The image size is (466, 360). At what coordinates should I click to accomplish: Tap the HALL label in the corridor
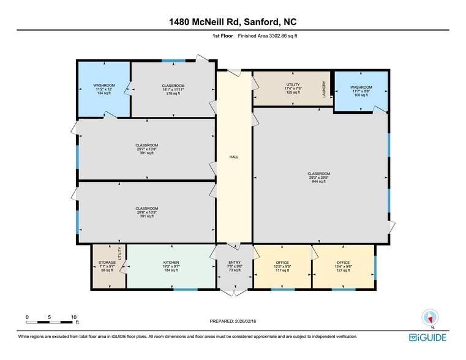(x=233, y=157)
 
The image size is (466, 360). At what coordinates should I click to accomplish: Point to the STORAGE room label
(x=107, y=262)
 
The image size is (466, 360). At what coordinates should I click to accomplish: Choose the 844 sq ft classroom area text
(x=318, y=182)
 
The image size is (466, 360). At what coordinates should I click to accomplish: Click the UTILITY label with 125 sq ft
(x=293, y=84)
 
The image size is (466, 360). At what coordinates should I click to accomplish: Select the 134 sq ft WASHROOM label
(x=103, y=85)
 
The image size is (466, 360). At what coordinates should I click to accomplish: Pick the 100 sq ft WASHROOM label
(x=361, y=87)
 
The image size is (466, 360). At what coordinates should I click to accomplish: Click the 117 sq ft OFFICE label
(x=282, y=262)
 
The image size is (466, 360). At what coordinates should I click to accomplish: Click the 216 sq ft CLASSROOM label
(x=173, y=85)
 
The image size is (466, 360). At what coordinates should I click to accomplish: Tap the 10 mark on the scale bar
(x=73, y=317)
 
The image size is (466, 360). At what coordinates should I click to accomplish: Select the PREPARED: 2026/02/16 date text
(x=233, y=321)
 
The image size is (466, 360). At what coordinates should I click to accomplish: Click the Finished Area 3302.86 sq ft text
(x=267, y=36)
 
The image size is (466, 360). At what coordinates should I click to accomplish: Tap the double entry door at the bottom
(x=233, y=292)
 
